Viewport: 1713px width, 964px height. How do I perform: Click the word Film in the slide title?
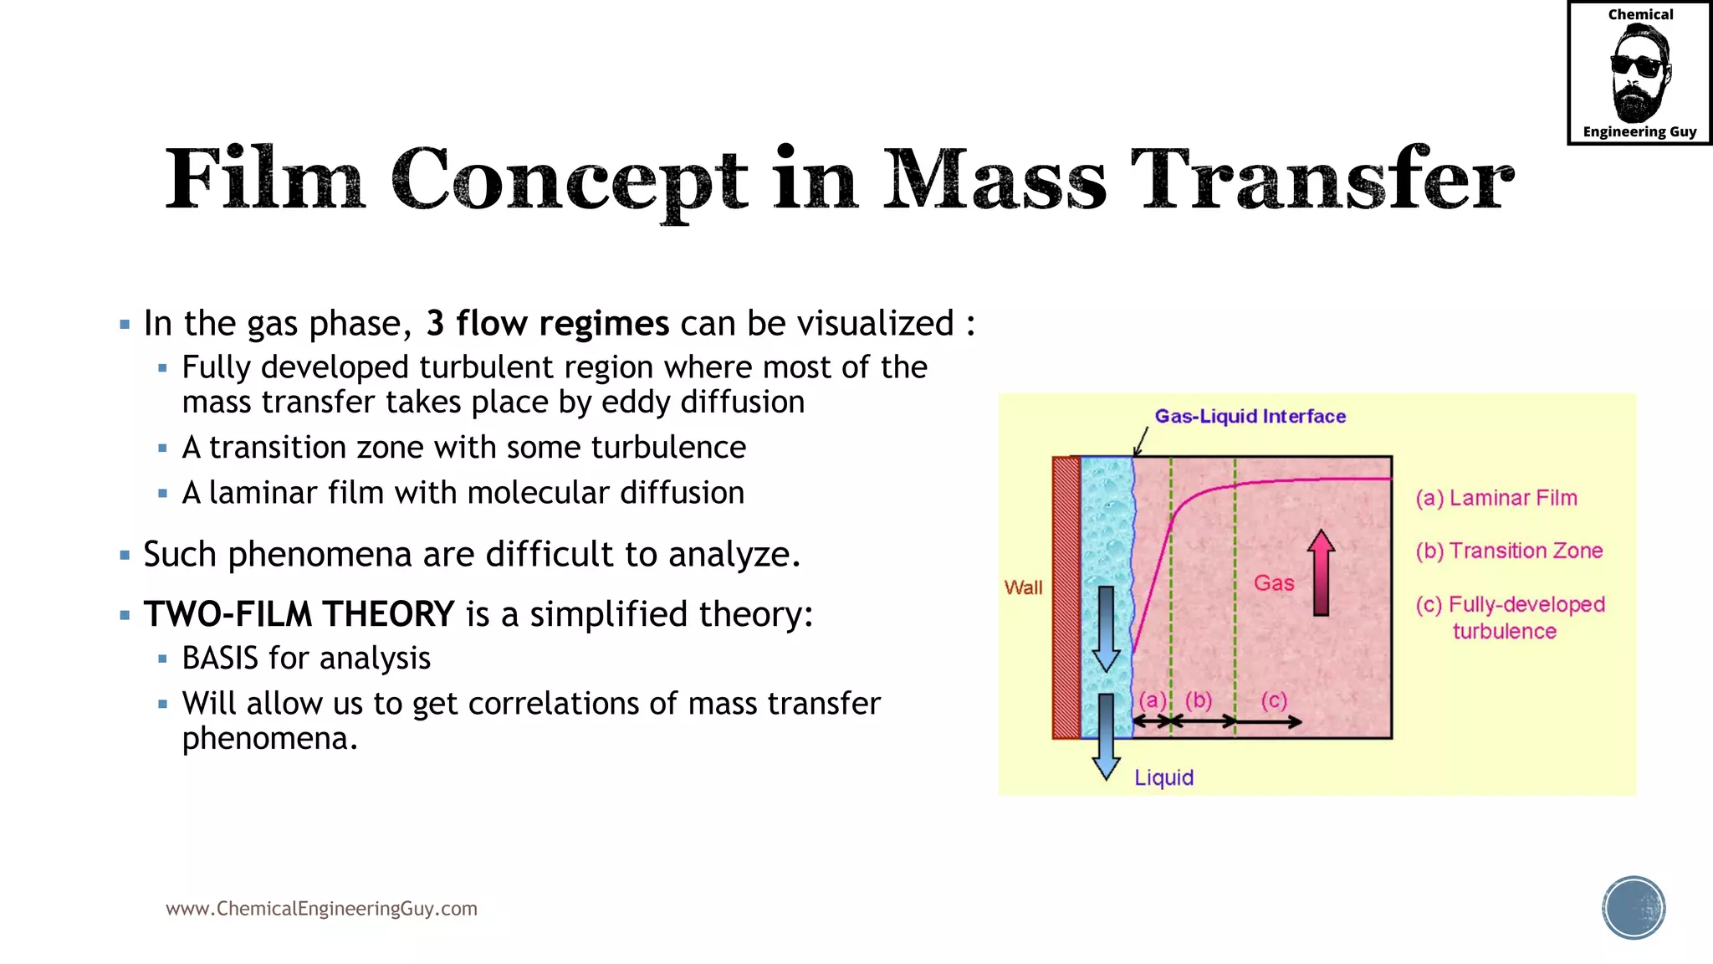[264, 179]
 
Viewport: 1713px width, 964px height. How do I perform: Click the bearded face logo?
[1639, 74]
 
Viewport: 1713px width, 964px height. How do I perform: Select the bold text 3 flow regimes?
[547, 324]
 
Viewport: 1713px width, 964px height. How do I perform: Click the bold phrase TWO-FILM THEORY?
[299, 614]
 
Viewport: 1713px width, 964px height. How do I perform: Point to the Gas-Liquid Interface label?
[1250, 416]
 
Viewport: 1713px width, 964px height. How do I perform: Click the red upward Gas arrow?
[1321, 573]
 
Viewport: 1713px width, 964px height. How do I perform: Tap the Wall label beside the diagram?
[1023, 587]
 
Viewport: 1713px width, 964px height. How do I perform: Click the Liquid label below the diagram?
[1163, 777]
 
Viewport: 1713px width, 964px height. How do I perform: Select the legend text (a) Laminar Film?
[1496, 498]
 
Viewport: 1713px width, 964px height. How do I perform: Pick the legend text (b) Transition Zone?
[1509, 551]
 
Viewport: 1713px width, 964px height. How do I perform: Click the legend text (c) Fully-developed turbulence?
[1510, 617]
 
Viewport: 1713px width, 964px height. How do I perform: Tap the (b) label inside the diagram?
[1198, 700]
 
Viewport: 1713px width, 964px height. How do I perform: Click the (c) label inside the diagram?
[1273, 700]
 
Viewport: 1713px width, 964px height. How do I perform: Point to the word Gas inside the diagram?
[1273, 583]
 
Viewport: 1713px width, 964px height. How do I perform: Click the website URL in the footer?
[321, 909]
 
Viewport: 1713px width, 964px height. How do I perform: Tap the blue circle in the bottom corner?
[1634, 908]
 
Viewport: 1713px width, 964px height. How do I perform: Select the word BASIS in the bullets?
[220, 659]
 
